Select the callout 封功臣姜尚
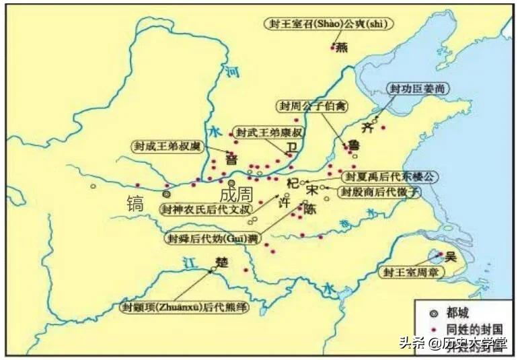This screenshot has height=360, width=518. click(x=419, y=89)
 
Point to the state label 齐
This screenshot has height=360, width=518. click(x=366, y=127)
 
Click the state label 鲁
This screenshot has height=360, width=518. click(x=353, y=145)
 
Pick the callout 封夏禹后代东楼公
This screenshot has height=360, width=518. click(x=390, y=176)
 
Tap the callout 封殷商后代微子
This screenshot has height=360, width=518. click(x=380, y=192)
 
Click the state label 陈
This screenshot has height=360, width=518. click(x=310, y=210)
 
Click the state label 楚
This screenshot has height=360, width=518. click(x=223, y=261)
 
